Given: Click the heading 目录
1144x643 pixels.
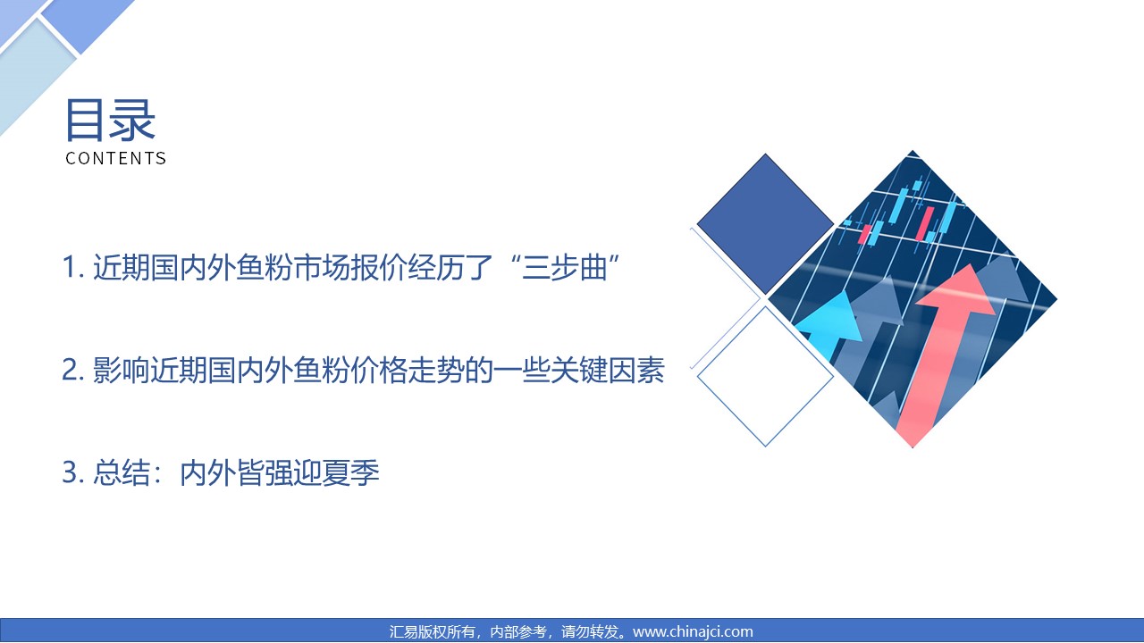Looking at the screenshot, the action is (x=110, y=120).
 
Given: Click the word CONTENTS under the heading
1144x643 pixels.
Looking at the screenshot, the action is (x=116, y=158).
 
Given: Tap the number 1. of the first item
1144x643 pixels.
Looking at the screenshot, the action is (x=73, y=267).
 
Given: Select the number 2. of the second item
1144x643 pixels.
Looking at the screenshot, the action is (x=73, y=370).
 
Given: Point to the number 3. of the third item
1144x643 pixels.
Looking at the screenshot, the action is (x=73, y=472).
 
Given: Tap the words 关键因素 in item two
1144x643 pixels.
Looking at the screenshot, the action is (x=607, y=370).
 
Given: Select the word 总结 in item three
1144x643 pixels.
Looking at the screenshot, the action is (x=122, y=472).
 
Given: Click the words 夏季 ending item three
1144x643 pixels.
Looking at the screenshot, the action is (x=350, y=472).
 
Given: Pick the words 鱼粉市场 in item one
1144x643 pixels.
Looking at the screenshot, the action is (x=293, y=267).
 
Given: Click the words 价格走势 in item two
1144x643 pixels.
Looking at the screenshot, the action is (x=408, y=370).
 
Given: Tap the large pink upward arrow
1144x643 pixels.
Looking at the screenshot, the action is (x=945, y=352).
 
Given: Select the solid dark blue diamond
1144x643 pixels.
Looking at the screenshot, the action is (x=765, y=223).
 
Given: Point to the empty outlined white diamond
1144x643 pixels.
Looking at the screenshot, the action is (x=765, y=377).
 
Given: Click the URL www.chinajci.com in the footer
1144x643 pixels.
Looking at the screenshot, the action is (x=693, y=631).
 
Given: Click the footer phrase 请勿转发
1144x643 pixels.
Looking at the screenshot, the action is (x=589, y=631).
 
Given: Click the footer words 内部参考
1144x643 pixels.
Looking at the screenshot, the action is (x=517, y=631).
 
